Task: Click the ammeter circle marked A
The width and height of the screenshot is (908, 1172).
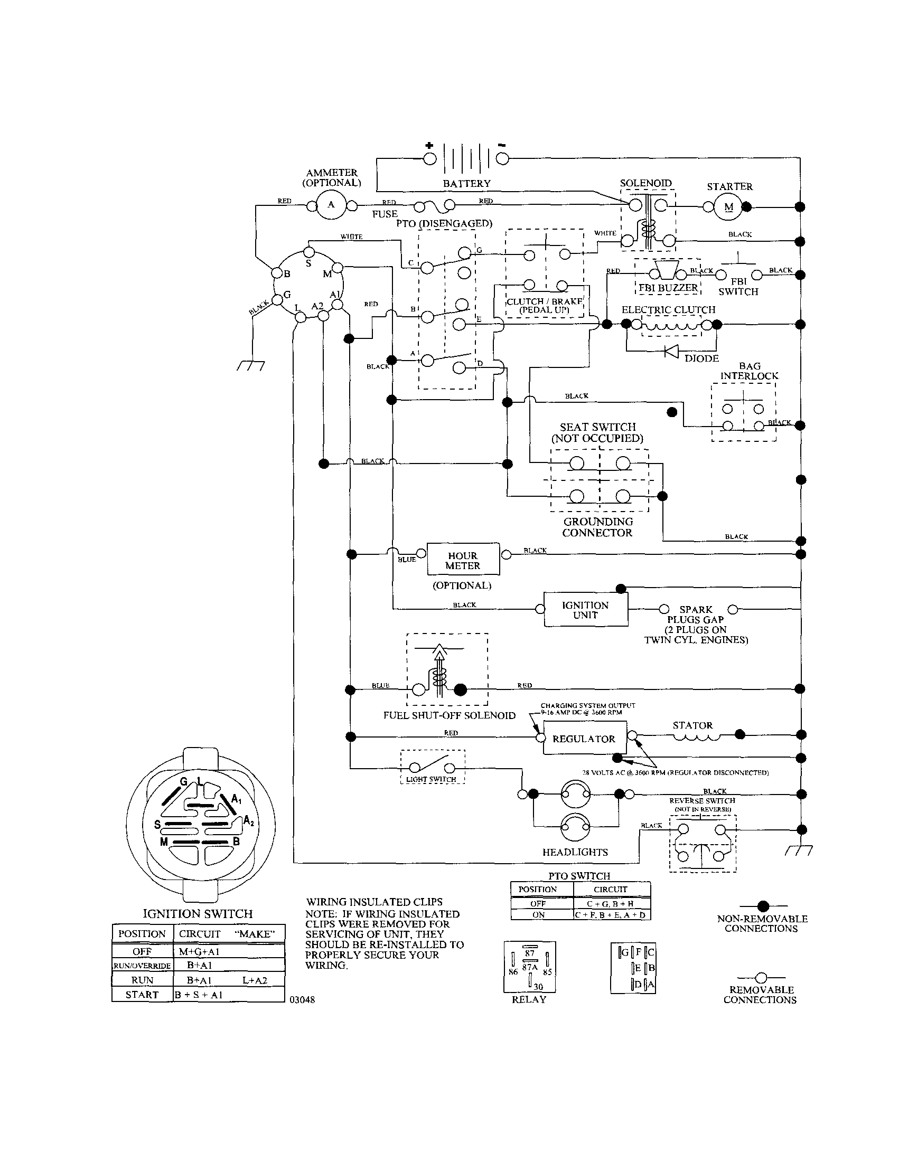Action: point(331,205)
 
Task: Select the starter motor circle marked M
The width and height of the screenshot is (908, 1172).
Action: point(728,207)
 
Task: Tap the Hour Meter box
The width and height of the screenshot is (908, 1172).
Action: point(463,560)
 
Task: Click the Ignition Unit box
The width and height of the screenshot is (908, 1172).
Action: point(585,610)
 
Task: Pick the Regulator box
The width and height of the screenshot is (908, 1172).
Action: point(584,739)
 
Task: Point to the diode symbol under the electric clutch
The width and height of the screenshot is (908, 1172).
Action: point(671,351)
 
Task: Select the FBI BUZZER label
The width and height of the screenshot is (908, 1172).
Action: point(668,288)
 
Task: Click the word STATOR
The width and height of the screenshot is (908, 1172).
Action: point(692,725)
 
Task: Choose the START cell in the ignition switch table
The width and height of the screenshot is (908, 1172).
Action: point(142,995)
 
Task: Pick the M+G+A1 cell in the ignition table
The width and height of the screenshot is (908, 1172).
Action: point(199,951)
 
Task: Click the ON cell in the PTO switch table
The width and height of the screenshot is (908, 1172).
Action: point(538,915)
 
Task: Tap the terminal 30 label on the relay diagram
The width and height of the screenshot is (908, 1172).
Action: point(538,986)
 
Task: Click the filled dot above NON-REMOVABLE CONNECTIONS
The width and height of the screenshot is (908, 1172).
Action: point(763,906)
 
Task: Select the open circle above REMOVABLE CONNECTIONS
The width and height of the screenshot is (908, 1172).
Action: point(761,978)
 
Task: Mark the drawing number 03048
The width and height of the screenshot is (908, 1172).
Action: point(302,1000)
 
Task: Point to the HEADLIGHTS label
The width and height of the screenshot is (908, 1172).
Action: point(575,852)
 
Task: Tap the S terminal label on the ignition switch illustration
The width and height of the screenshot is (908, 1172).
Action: point(157,825)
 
